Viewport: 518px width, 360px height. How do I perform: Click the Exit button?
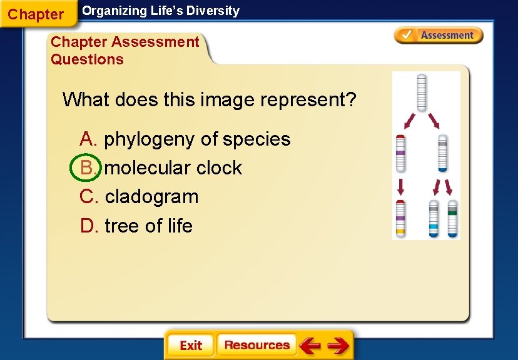(x=190, y=345)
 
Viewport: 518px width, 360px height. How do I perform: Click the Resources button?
(x=256, y=345)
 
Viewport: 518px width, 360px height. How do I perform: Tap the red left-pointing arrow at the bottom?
(x=310, y=345)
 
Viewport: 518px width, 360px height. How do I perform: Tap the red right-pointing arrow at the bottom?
(x=338, y=345)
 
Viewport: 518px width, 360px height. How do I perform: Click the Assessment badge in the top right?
(x=439, y=36)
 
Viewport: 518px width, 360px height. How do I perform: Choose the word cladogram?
(x=151, y=197)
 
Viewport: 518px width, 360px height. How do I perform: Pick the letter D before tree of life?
(x=88, y=226)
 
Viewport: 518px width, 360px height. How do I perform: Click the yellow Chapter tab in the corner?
(x=36, y=14)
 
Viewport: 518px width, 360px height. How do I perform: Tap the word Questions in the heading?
(x=88, y=59)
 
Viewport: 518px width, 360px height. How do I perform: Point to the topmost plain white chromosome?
(x=422, y=92)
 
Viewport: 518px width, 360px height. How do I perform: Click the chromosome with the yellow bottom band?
(x=400, y=218)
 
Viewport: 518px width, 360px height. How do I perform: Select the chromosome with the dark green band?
(x=452, y=219)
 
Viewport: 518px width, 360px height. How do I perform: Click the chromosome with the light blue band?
(x=433, y=219)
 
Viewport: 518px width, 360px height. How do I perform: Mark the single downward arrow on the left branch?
(x=401, y=186)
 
